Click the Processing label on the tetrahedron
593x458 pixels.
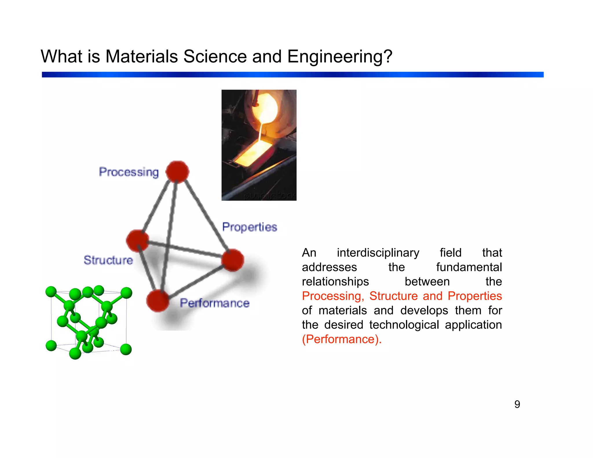pyautogui.click(x=129, y=172)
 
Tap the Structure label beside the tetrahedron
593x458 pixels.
pyautogui.click(x=108, y=260)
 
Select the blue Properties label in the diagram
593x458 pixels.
pyautogui.click(x=250, y=227)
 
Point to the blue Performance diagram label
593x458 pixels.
pyautogui.click(x=215, y=303)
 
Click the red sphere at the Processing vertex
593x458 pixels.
pyautogui.click(x=177, y=172)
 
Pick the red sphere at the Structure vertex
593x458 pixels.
pyautogui.click(x=138, y=241)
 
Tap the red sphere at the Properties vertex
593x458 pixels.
pyautogui.click(x=233, y=260)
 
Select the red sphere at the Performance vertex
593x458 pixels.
pyautogui.click(x=158, y=301)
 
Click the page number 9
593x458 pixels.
pyautogui.click(x=517, y=404)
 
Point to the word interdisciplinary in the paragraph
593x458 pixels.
pyautogui.click(x=378, y=253)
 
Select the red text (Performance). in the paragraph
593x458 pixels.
pyautogui.click(x=342, y=339)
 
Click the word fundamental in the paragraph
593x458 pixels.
pyautogui.click(x=469, y=267)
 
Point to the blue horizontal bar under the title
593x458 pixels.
pyautogui.click(x=292, y=75)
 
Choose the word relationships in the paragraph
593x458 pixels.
pyautogui.click(x=335, y=282)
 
